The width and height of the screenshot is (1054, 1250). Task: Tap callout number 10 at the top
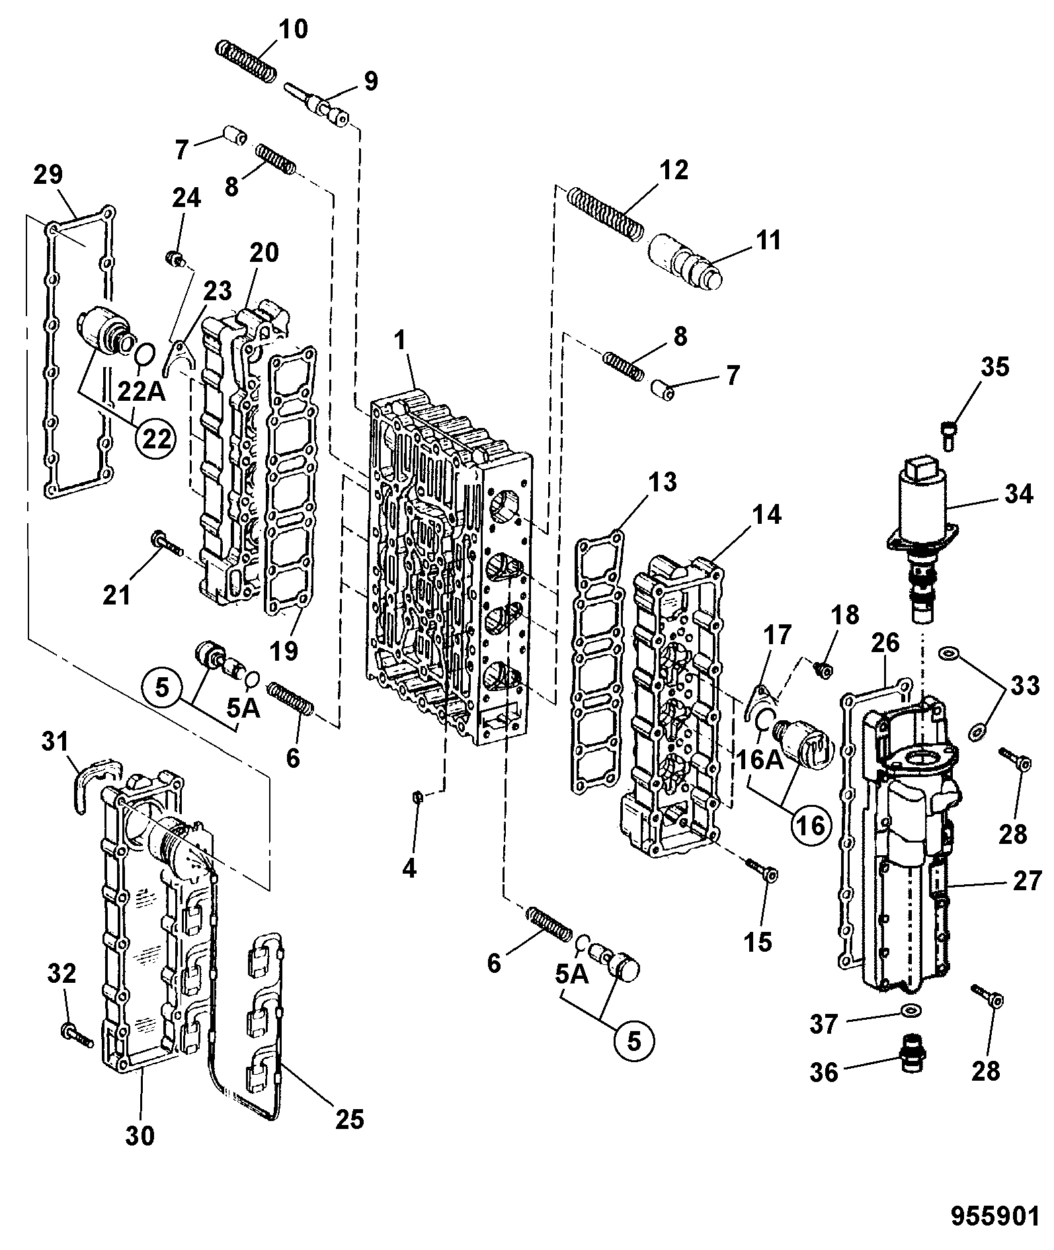292,30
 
